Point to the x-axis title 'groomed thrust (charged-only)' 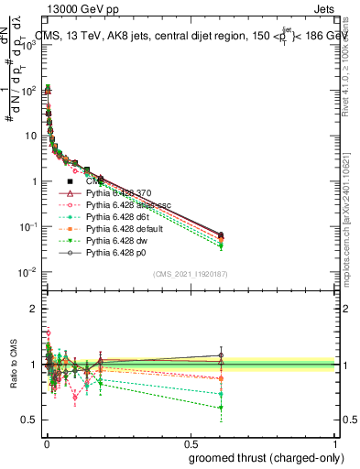click(x=262, y=457)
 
